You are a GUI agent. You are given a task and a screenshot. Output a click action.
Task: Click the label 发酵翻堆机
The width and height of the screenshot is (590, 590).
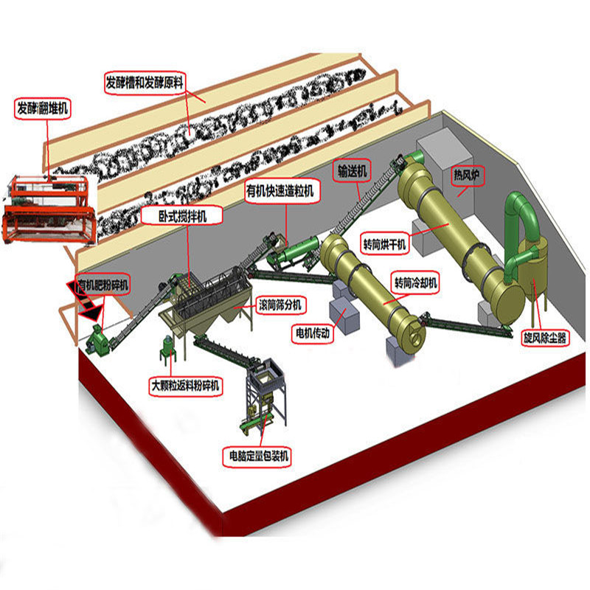tap(43, 109)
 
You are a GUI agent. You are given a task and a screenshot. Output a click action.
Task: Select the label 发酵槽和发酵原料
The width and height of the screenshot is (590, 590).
tap(145, 83)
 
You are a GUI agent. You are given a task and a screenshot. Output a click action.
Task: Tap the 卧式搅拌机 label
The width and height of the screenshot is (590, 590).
tap(182, 216)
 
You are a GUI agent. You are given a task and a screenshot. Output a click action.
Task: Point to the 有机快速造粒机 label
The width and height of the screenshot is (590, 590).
tap(282, 191)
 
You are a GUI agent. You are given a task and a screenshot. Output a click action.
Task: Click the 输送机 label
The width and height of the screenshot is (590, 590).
tap(352, 171)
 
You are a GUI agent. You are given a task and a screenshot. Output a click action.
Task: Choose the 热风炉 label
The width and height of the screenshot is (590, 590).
tap(468, 175)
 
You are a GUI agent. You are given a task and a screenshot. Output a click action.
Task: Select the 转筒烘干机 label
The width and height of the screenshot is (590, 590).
tap(384, 244)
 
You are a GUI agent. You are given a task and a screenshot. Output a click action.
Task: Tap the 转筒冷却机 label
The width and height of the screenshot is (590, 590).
tap(416, 282)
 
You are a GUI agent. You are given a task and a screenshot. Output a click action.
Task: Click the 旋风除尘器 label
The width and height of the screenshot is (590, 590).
tap(545, 338)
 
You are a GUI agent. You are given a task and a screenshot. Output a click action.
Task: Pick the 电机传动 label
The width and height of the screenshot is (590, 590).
tap(313, 333)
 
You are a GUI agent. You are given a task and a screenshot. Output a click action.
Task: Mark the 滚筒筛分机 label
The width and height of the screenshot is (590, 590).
tap(280, 305)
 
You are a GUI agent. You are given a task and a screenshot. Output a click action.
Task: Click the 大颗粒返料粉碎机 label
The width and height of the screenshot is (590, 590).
tap(185, 385)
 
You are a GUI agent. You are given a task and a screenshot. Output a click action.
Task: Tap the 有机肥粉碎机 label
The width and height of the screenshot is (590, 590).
tap(103, 285)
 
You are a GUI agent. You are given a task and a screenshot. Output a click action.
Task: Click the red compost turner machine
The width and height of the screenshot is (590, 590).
tap(48, 209)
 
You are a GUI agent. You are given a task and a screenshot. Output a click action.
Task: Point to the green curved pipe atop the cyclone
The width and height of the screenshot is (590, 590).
tap(522, 218)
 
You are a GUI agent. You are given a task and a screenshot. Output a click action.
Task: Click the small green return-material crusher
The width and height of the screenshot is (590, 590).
tap(167, 348)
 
